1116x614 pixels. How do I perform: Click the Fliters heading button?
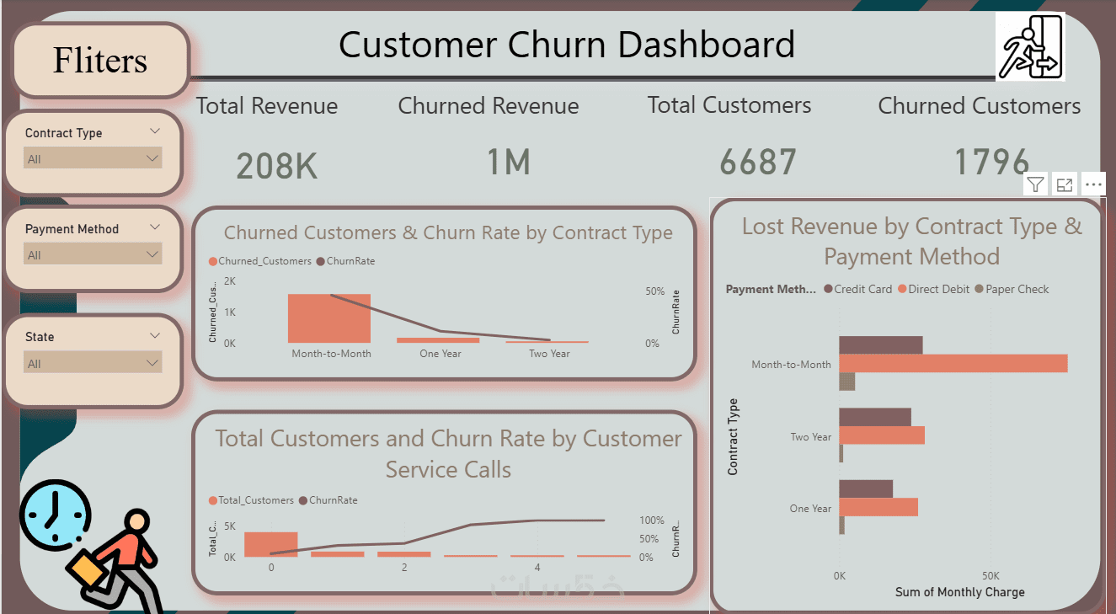100,60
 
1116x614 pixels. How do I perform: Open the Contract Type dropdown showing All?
93,158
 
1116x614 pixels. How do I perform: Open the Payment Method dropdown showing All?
93,254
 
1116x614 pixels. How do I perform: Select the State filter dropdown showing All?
93,364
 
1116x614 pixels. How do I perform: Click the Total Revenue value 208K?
276,166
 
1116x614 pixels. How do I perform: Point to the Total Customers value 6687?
757,162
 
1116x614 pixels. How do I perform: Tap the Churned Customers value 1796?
991,161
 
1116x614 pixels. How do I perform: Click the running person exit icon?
1030,47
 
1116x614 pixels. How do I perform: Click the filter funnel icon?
1035,184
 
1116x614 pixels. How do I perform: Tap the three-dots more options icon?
1093,184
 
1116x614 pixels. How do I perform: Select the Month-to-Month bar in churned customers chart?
329,318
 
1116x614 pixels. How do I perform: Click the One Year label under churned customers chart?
441,354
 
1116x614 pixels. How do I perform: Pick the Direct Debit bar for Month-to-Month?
953,363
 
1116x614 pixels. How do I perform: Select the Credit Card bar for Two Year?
875,417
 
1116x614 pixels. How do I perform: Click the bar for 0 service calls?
271,544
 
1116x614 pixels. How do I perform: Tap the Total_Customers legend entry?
252,500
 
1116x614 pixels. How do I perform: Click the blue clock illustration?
56,512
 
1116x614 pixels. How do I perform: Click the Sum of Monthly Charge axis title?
959,592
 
